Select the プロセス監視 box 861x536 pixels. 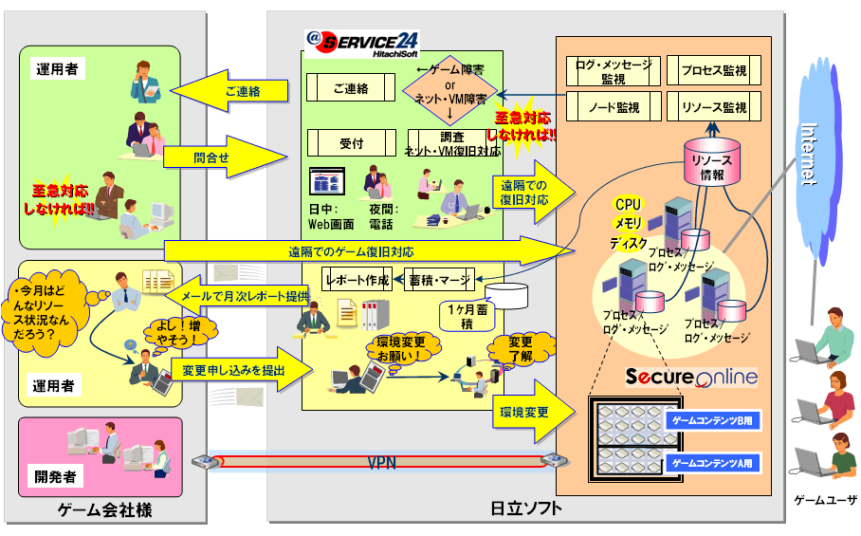tap(713, 71)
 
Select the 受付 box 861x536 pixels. tap(351, 143)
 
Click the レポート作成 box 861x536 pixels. tap(357, 281)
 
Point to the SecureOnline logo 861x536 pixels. tap(691, 377)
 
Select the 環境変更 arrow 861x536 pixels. tap(531, 413)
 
